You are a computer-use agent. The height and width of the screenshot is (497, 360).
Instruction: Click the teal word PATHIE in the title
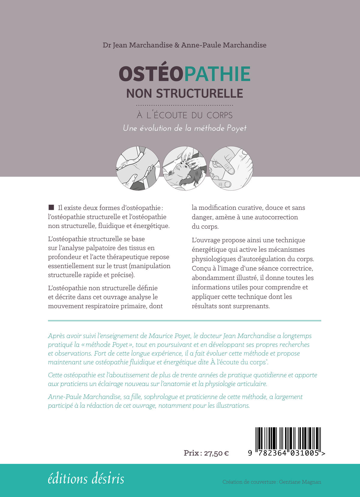tap(217, 74)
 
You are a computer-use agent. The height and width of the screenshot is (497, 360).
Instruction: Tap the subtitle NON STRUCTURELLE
tap(184, 93)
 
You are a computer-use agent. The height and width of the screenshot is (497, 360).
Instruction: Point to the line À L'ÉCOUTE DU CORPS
tap(184, 115)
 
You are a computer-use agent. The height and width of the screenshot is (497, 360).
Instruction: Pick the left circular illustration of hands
tap(138, 168)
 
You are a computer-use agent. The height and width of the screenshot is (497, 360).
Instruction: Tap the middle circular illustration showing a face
tap(184, 168)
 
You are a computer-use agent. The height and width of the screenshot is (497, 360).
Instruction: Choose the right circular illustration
tap(231, 168)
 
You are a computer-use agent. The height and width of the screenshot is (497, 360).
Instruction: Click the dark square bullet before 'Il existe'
tap(51, 207)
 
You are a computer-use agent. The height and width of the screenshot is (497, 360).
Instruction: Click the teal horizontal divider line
tap(184, 321)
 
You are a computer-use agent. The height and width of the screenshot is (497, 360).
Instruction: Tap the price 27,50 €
tap(216, 453)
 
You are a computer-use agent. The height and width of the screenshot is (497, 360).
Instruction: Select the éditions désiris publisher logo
tap(86, 479)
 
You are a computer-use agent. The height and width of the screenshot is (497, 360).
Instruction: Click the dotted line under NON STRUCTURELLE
tap(184, 105)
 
